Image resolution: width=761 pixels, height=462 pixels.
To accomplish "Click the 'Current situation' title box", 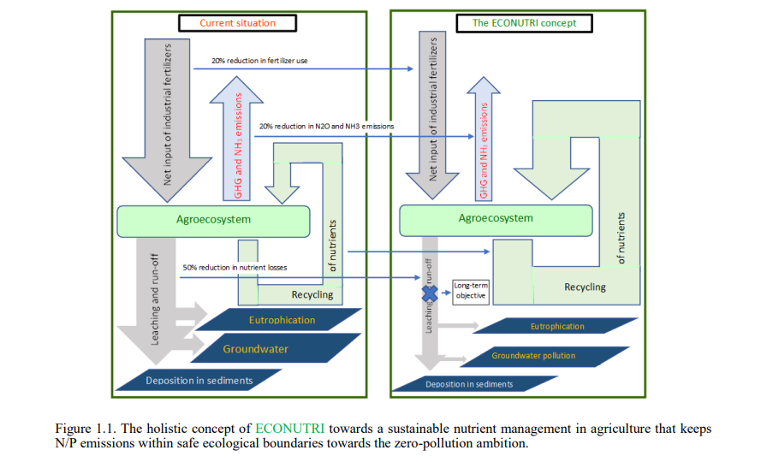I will click(x=237, y=23).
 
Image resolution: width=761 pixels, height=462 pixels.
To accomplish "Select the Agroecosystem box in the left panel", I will click(x=213, y=220).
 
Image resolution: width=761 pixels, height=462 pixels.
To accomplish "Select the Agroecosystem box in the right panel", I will click(x=495, y=218).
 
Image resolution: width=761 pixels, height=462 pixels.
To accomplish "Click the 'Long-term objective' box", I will click(x=470, y=291).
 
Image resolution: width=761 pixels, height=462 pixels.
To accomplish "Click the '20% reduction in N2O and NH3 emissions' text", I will click(x=326, y=126).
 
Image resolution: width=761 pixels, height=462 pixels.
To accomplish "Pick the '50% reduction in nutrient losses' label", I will click(x=235, y=268).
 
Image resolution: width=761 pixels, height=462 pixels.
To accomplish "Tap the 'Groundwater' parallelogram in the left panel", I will click(x=256, y=349).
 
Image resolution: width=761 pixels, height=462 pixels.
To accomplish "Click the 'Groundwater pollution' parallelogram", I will click(x=532, y=355).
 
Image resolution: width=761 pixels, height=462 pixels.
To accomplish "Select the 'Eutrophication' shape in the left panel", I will click(x=282, y=320).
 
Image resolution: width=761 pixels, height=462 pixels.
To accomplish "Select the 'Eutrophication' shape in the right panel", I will click(x=556, y=326).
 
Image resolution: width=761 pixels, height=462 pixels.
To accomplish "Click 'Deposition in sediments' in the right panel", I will click(x=469, y=384).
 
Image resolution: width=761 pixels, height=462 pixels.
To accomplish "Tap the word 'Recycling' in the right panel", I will click(x=585, y=287).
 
